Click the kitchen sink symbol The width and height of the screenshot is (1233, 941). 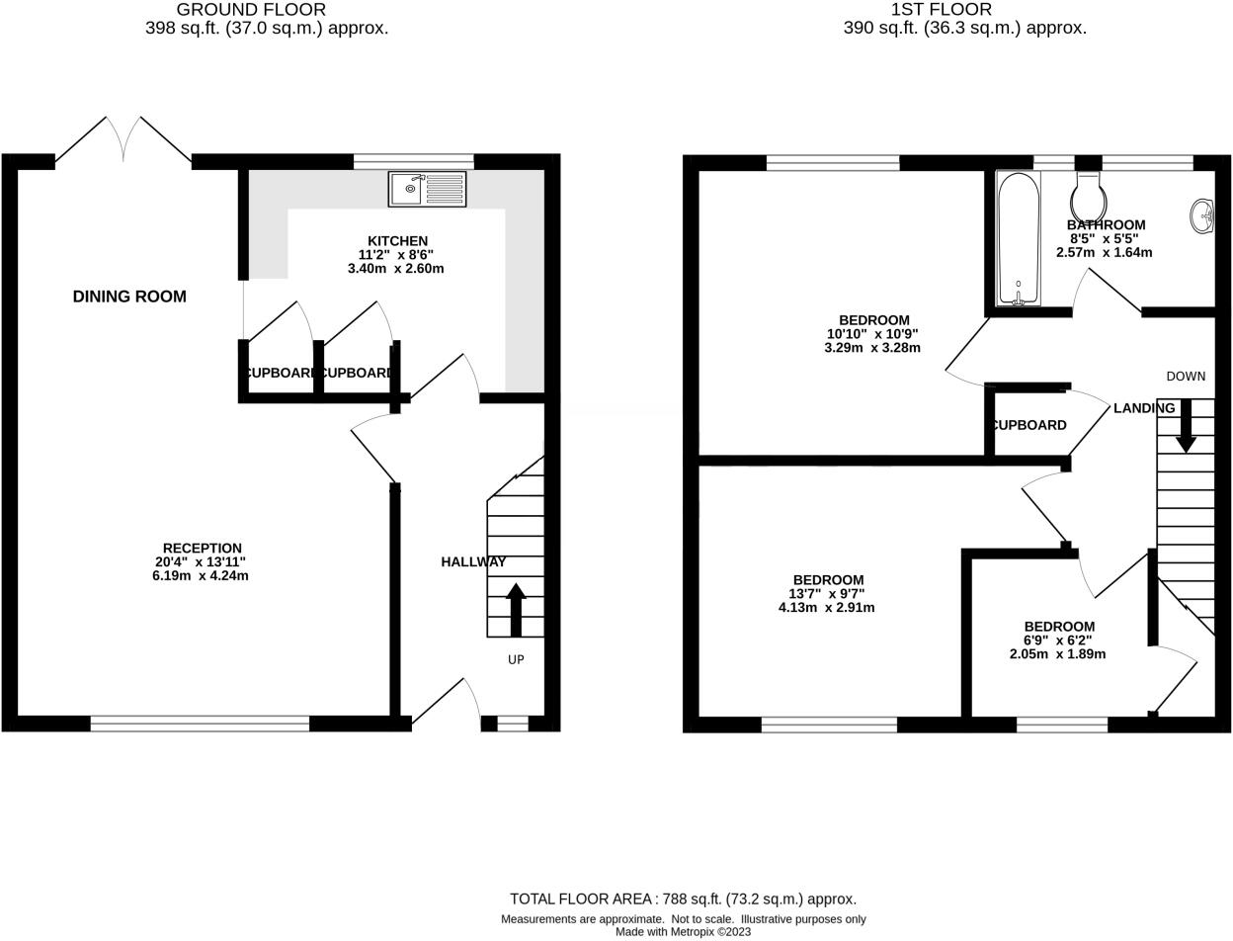[x=427, y=189]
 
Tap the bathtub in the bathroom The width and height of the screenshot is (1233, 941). [x=1018, y=237]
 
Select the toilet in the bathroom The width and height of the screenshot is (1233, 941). [x=1087, y=199]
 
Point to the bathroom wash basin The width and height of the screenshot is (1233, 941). [x=1202, y=215]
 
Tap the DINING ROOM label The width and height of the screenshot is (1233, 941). [x=129, y=297]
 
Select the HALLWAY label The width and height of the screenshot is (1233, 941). [x=473, y=561]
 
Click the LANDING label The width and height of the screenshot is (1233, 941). [x=1144, y=408]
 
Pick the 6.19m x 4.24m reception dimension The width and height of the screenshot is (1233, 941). [x=201, y=575]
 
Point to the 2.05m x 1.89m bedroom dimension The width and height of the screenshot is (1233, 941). [x=1057, y=654]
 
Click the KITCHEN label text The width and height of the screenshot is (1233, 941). [x=397, y=241]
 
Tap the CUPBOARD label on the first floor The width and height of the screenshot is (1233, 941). [x=1028, y=425]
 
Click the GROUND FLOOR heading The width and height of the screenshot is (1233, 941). [x=251, y=10]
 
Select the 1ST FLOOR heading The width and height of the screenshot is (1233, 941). [x=927, y=10]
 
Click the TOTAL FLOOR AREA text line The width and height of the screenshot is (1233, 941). [x=683, y=898]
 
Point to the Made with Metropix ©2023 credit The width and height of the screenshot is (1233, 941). [x=683, y=932]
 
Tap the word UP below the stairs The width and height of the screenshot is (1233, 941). [x=516, y=659]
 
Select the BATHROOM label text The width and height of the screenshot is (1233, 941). [x=1106, y=225]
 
